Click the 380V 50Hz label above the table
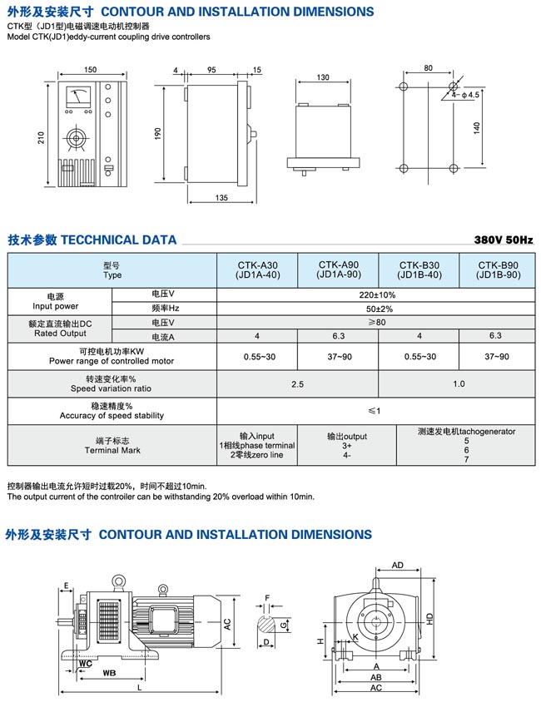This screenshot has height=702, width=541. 503,240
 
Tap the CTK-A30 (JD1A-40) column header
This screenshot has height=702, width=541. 257,269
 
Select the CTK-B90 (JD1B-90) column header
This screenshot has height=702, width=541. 499,269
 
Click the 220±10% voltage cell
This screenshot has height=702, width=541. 377,294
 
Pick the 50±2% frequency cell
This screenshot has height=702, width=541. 377,309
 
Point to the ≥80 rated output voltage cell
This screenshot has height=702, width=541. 377,322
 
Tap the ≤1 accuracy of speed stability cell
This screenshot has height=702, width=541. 377,411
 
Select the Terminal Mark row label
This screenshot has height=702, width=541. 112,445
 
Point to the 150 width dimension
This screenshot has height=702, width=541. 91,69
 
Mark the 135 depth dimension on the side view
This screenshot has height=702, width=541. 221,198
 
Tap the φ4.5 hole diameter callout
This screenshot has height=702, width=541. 470,95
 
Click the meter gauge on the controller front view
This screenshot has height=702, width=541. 79,98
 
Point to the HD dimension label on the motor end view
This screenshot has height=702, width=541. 429,619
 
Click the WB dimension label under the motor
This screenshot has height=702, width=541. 108,671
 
